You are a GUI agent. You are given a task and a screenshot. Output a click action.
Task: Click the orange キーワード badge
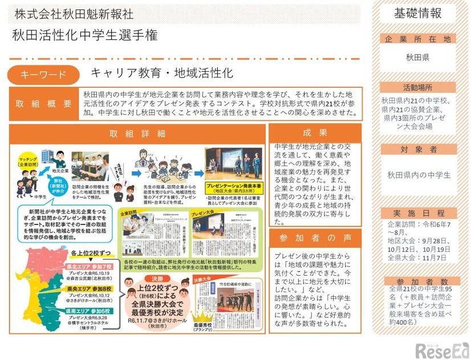(43, 75)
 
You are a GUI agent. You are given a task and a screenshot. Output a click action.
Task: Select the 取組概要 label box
(44, 104)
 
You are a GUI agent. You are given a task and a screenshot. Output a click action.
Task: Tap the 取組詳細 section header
(137, 133)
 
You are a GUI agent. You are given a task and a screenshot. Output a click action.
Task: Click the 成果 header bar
(315, 133)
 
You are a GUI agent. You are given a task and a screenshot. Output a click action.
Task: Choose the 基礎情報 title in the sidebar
(417, 13)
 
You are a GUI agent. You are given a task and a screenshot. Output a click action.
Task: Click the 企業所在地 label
(417, 39)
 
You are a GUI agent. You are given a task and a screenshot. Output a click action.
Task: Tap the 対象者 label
(417, 149)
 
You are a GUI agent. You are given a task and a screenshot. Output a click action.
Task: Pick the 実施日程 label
(417, 212)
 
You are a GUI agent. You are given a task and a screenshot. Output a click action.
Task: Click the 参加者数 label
(417, 281)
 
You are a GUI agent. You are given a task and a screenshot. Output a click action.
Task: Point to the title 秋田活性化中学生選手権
(86, 36)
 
